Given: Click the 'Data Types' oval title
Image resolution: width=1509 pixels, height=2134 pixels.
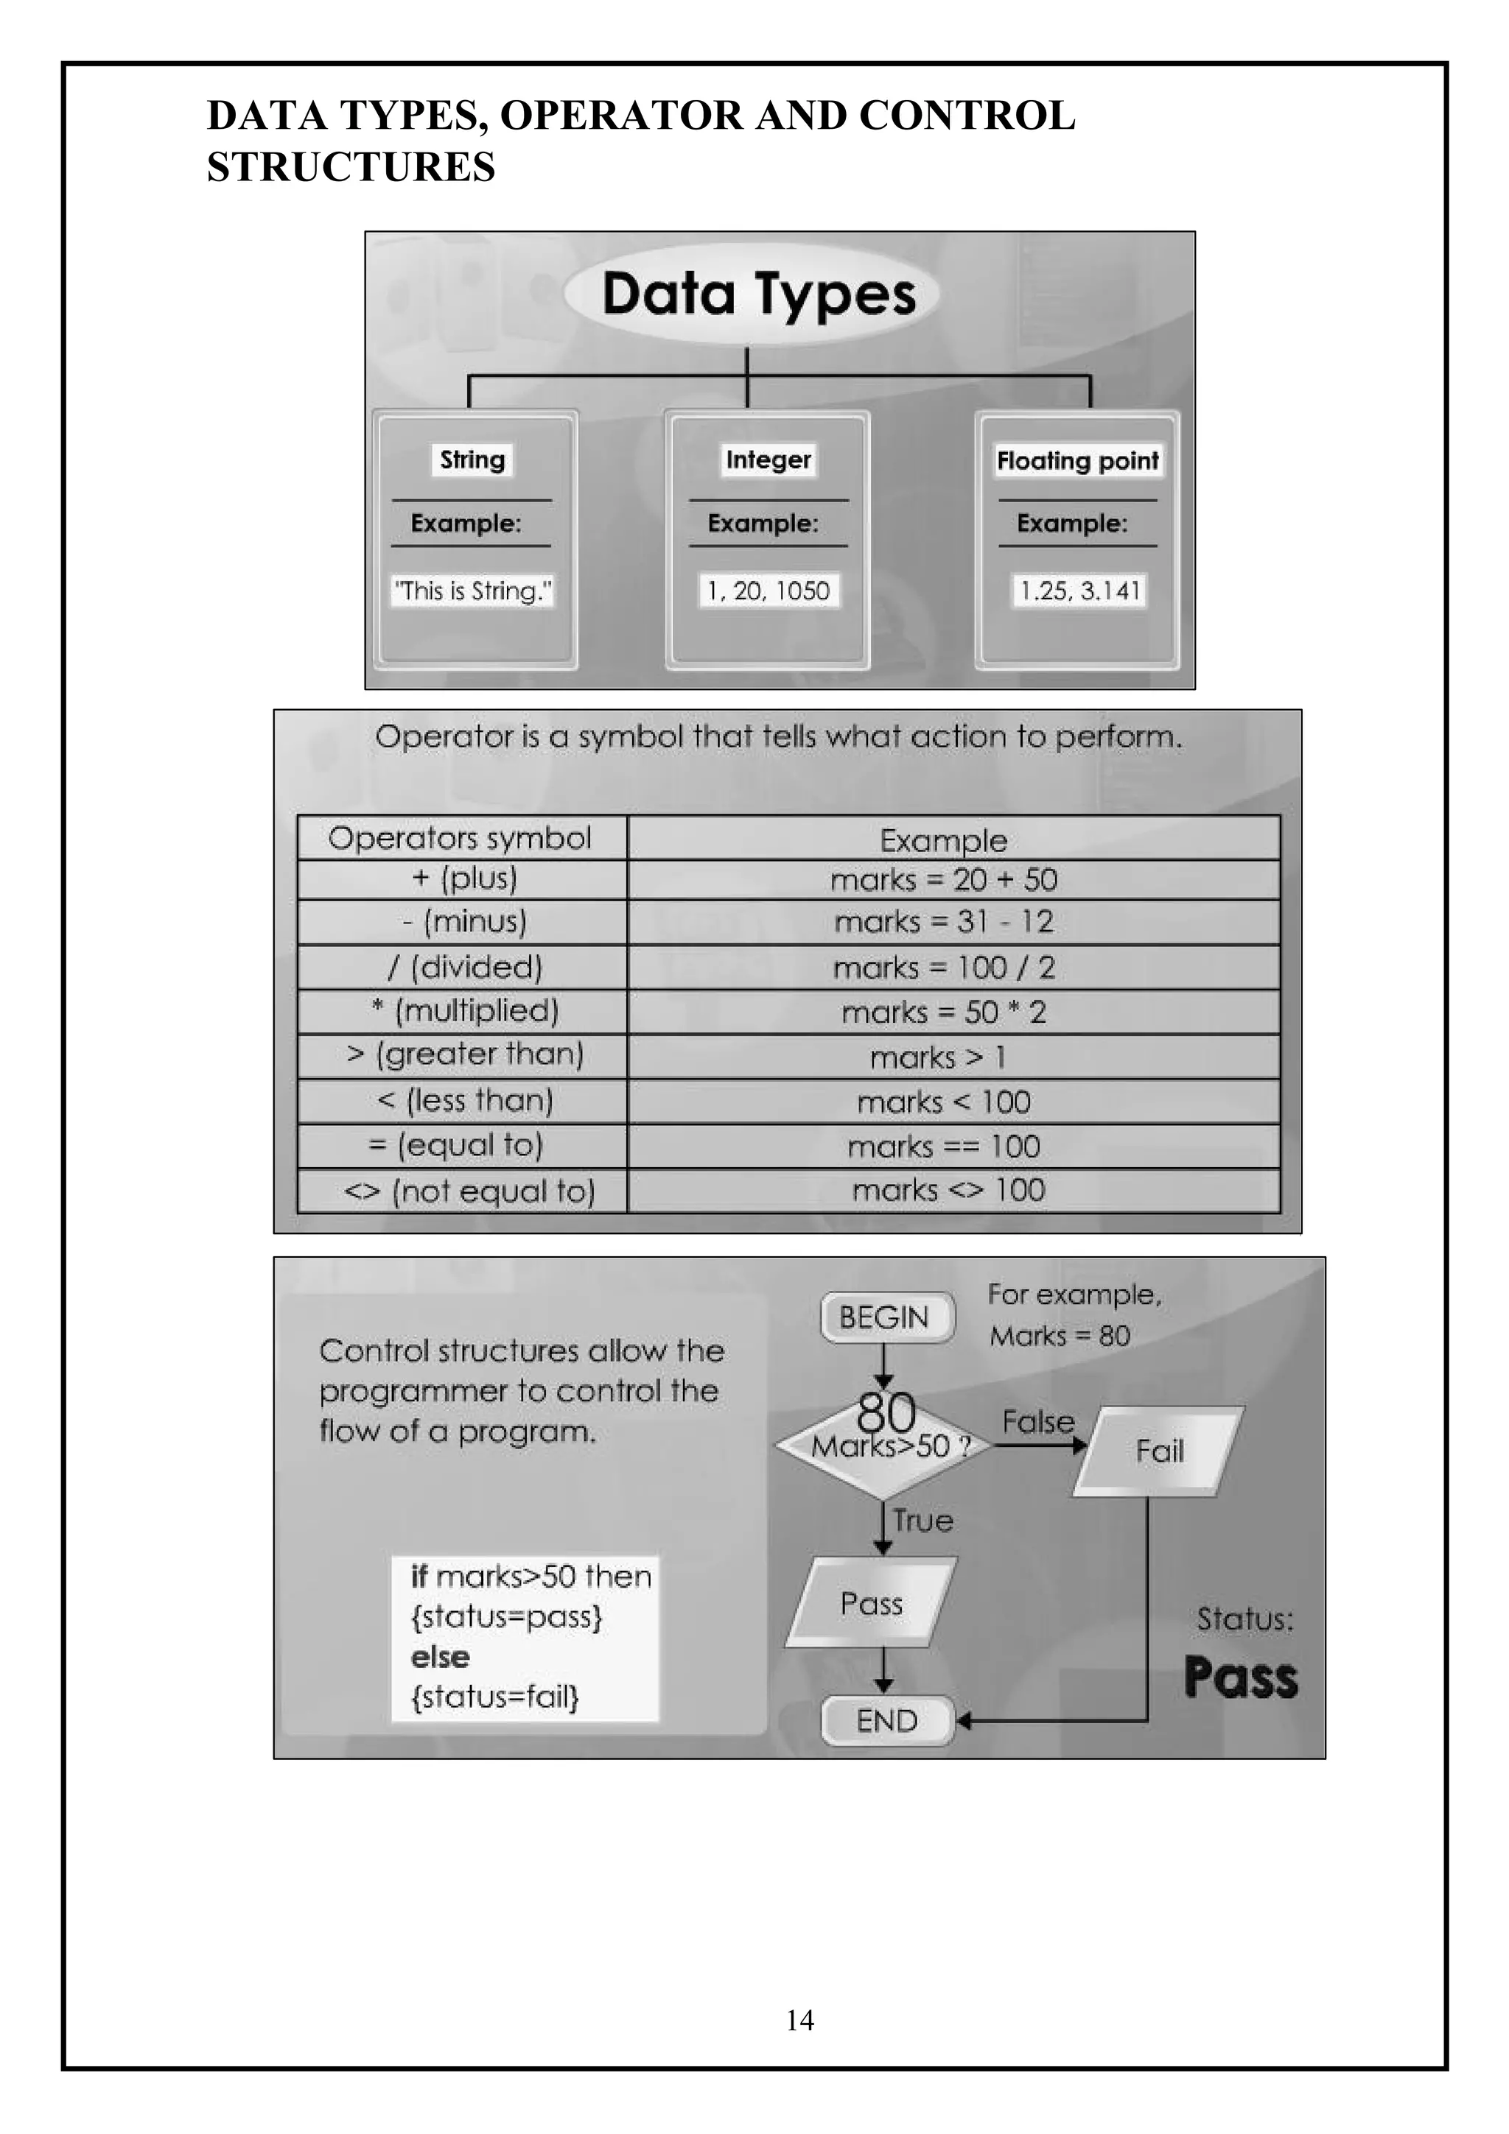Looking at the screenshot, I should coord(757,295).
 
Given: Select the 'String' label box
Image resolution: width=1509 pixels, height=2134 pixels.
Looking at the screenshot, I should coord(472,460).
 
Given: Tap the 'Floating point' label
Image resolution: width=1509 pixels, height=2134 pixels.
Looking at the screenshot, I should coord(1077,461).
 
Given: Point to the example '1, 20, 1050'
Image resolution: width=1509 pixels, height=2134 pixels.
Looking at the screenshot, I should coord(768,591).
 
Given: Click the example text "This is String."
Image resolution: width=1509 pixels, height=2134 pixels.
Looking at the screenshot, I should coord(473,591).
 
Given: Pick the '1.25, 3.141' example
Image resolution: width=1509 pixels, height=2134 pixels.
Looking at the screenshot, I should coord(1079,591).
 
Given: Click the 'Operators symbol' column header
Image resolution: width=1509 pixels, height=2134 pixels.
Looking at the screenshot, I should coord(461,838).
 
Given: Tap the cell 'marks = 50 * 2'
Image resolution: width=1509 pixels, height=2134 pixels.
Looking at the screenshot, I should coord(944,1013).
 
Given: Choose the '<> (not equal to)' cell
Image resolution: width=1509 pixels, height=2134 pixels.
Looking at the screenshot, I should coord(469,1191).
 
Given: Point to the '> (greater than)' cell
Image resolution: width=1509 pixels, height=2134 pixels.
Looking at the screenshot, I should coord(465,1055).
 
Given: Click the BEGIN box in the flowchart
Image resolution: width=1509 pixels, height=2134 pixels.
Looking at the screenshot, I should coord(884,1317).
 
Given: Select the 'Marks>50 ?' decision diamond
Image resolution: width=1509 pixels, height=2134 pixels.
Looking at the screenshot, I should coord(884,1446).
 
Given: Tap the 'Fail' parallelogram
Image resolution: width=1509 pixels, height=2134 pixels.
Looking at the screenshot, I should coord(1158,1451).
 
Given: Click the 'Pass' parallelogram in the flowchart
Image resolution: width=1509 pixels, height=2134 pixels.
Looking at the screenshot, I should coord(871,1603).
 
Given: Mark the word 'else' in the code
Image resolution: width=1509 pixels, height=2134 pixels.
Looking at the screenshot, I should coord(440,1657).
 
